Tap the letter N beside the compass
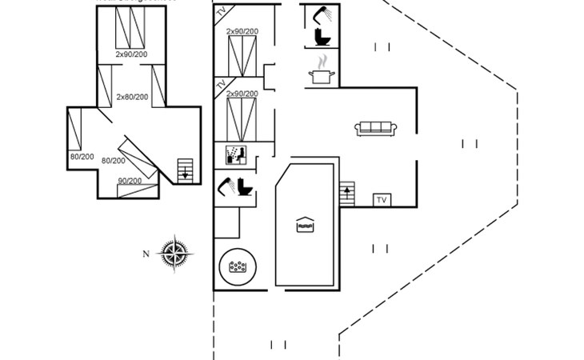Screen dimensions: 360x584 coord(146,254)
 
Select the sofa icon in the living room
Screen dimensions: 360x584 coord(376,128)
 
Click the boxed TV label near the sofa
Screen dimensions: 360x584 coord(382,199)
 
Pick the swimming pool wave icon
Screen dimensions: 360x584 coord(305,225)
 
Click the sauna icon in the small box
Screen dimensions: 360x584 coord(234,153)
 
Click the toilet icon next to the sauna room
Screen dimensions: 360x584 coord(243,189)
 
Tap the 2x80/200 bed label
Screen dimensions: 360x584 coord(132,97)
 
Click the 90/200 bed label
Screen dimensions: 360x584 coord(130,181)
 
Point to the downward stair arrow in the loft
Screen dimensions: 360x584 coord(186,170)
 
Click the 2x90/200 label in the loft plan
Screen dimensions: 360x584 coord(131,54)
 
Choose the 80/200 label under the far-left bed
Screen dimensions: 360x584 coord(82,157)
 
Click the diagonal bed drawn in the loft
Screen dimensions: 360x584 coord(138,159)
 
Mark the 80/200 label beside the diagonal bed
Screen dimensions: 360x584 coord(113,161)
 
